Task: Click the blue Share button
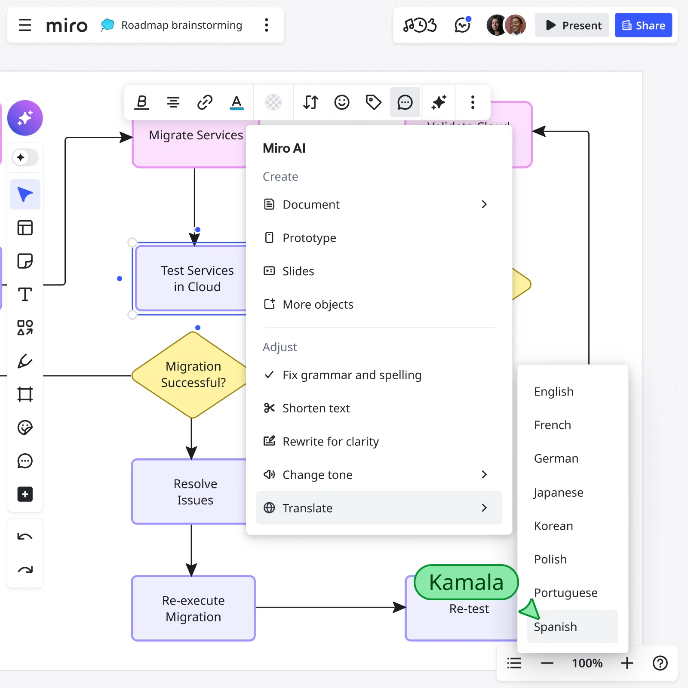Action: pos(643,25)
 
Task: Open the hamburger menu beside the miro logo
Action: pos(25,25)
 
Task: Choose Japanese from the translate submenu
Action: pos(558,492)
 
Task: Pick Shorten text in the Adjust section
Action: pos(316,408)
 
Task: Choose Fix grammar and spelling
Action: pos(351,375)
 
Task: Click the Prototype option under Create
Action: pos(309,238)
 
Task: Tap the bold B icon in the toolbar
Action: pos(141,102)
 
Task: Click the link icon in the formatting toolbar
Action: pos(205,102)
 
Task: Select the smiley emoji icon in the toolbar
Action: pos(342,102)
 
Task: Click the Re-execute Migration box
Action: pos(193,608)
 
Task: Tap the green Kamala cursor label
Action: pos(466,583)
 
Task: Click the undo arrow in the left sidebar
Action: pos(25,536)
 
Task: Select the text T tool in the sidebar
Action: pos(25,295)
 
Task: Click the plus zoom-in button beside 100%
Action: pos(627,663)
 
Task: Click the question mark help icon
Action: pos(660,663)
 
